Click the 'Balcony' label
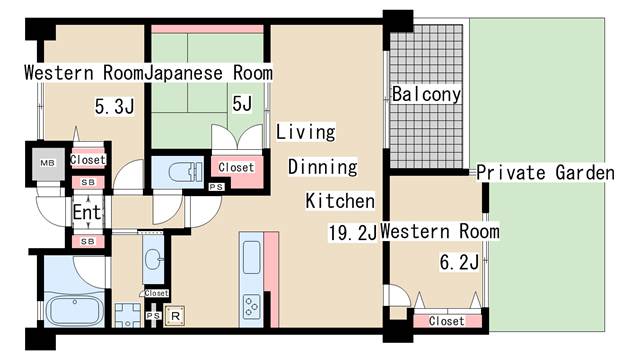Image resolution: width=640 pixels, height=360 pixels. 426,95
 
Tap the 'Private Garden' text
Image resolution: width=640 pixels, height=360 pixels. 545,173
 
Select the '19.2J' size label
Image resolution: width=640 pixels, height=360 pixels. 351,232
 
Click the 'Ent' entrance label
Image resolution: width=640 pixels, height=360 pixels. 86,212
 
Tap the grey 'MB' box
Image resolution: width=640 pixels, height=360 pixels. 46,164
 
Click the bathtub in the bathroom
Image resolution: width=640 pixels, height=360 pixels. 75,310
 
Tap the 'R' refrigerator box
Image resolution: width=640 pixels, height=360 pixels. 177,315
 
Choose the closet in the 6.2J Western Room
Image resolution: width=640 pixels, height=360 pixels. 446,321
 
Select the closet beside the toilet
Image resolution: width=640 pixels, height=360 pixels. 236,168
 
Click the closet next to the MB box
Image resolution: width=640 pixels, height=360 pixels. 87,160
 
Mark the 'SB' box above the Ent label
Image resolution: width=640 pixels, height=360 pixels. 86,183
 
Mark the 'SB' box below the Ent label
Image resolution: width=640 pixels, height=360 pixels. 86,241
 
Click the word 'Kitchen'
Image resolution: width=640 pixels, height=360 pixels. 339,200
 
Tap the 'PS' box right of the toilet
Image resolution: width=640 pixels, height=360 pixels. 215,186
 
